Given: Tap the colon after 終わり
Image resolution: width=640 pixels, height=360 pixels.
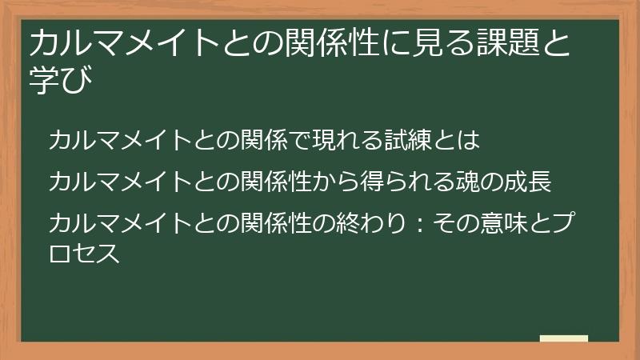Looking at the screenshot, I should point(411,223).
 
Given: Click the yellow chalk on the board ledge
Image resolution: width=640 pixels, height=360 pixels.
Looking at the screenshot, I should point(563,338).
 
